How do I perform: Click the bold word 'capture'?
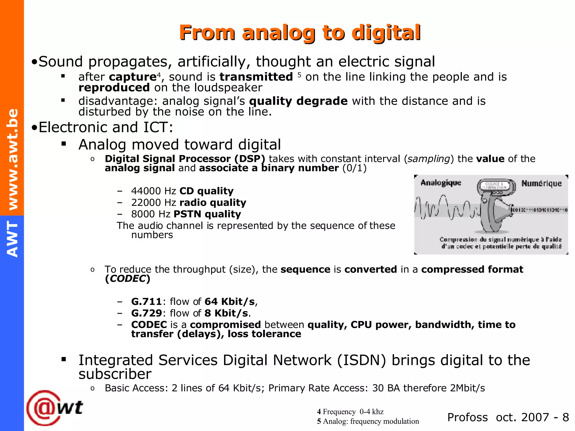click(133, 77)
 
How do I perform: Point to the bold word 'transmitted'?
click(256, 77)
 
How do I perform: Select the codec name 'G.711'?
click(146, 302)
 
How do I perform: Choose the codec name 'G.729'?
click(146, 313)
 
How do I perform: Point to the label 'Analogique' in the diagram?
click(441, 183)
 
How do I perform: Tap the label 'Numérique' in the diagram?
click(541, 184)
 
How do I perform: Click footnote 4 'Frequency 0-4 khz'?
click(350, 412)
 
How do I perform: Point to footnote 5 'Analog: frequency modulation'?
click(368, 421)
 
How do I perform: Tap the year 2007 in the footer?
click(535, 418)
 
